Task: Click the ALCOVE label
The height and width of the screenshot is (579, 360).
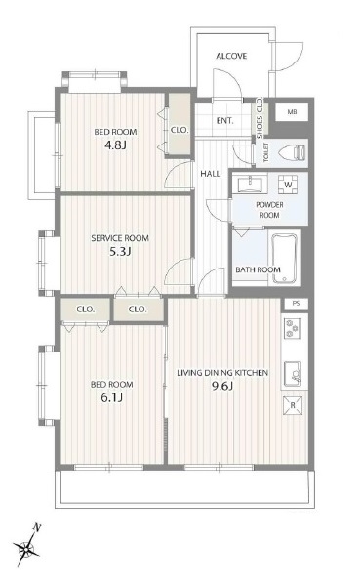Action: pos(231,56)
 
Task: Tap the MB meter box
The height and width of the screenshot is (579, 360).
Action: pos(292,112)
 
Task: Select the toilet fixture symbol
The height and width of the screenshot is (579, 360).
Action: pos(293,153)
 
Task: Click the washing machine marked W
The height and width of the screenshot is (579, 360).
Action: pos(288,185)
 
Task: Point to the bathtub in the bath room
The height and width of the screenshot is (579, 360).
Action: pos(284,258)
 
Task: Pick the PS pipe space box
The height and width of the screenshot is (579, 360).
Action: pos(296,304)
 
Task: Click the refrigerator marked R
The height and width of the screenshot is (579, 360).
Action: pos(293,405)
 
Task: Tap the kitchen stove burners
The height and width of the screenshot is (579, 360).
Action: pos(292,328)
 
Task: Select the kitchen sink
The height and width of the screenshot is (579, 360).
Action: pos(293,373)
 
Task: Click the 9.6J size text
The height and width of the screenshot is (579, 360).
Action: pos(221,387)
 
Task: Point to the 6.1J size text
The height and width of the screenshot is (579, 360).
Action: pos(112,397)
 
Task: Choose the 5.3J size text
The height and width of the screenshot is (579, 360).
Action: pos(120,252)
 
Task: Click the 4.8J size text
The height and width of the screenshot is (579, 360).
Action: pos(115,145)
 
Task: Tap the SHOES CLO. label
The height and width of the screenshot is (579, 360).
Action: pos(260,117)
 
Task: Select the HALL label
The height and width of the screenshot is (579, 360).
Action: pos(211,174)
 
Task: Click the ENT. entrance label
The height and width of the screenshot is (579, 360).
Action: pos(225,121)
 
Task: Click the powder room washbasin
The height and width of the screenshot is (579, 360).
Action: pos(253,185)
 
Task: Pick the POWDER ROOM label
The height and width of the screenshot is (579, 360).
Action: pos(269,210)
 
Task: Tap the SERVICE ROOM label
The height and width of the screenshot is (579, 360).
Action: pos(120,238)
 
